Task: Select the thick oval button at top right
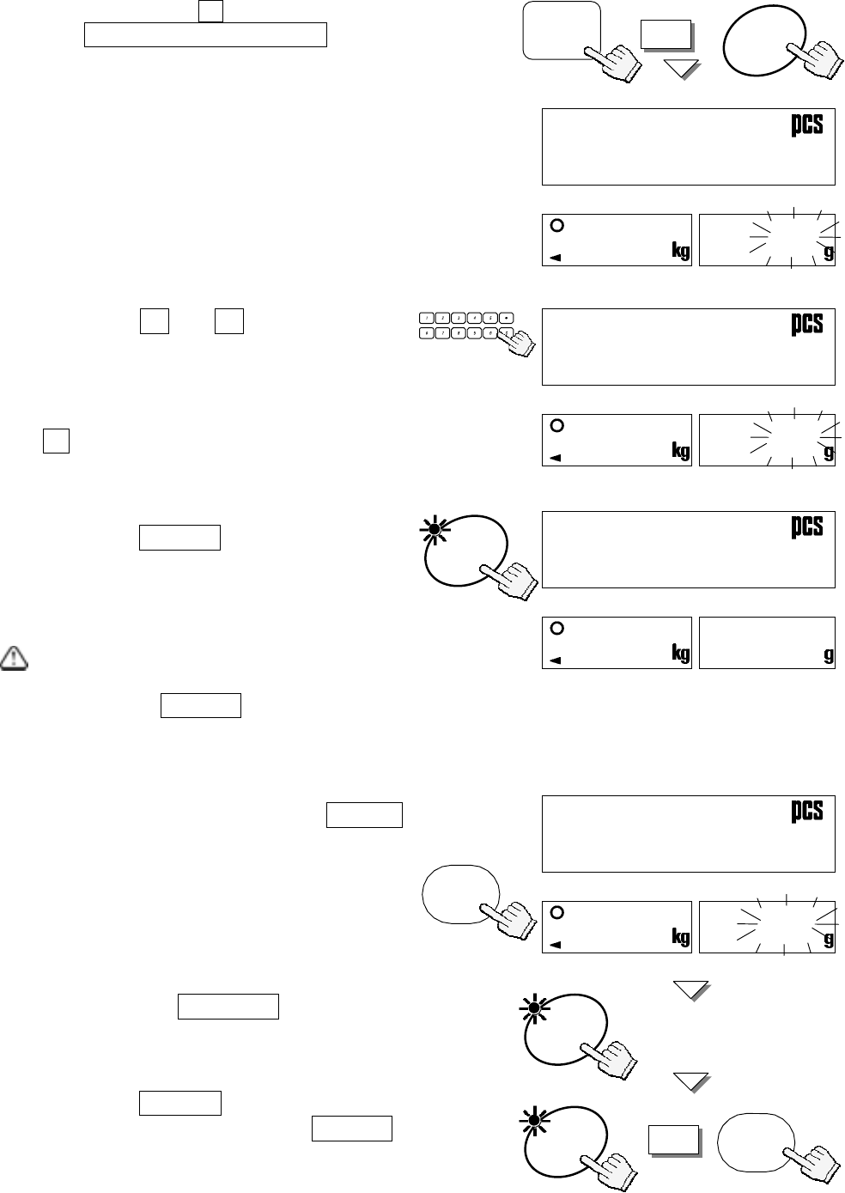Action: pyautogui.click(x=764, y=43)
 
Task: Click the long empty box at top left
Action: pyautogui.click(x=205, y=35)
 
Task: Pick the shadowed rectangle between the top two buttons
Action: pyautogui.click(x=666, y=34)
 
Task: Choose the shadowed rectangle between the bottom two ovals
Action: pyautogui.click(x=672, y=1141)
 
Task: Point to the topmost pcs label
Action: pyautogui.click(x=806, y=125)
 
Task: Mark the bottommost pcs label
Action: pyautogui.click(x=806, y=811)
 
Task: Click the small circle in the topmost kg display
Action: pyautogui.click(x=556, y=226)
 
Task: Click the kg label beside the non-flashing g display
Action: pyautogui.click(x=680, y=654)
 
